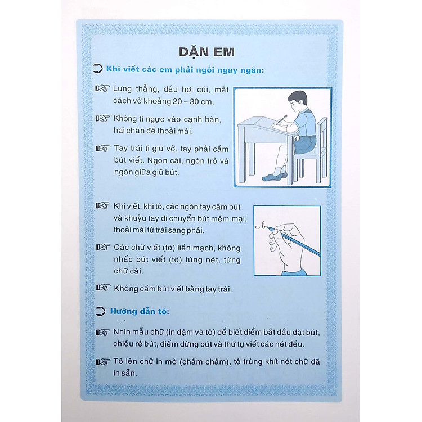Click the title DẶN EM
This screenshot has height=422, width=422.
206,52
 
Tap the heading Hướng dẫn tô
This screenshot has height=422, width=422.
140,311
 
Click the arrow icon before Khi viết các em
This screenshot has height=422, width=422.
97,69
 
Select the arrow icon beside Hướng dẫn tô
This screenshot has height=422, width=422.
100,311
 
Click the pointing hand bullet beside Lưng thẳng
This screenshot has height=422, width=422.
102,88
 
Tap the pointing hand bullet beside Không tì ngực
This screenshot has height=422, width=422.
102,118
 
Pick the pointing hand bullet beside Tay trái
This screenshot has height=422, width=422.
103,149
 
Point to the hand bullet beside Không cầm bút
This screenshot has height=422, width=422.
104,288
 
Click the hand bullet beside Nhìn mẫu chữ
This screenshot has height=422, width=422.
103,332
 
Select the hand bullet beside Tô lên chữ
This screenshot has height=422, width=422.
103,362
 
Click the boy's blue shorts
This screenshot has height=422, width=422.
306,145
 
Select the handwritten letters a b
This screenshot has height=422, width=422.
261,226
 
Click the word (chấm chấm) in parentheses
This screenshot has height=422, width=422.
205,362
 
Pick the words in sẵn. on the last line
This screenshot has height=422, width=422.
125,373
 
